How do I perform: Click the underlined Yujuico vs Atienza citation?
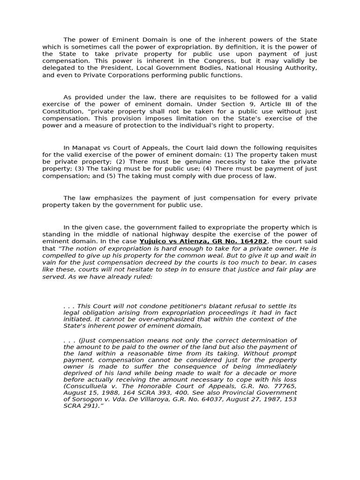click(203, 241)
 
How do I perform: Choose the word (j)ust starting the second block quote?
click(90, 340)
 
